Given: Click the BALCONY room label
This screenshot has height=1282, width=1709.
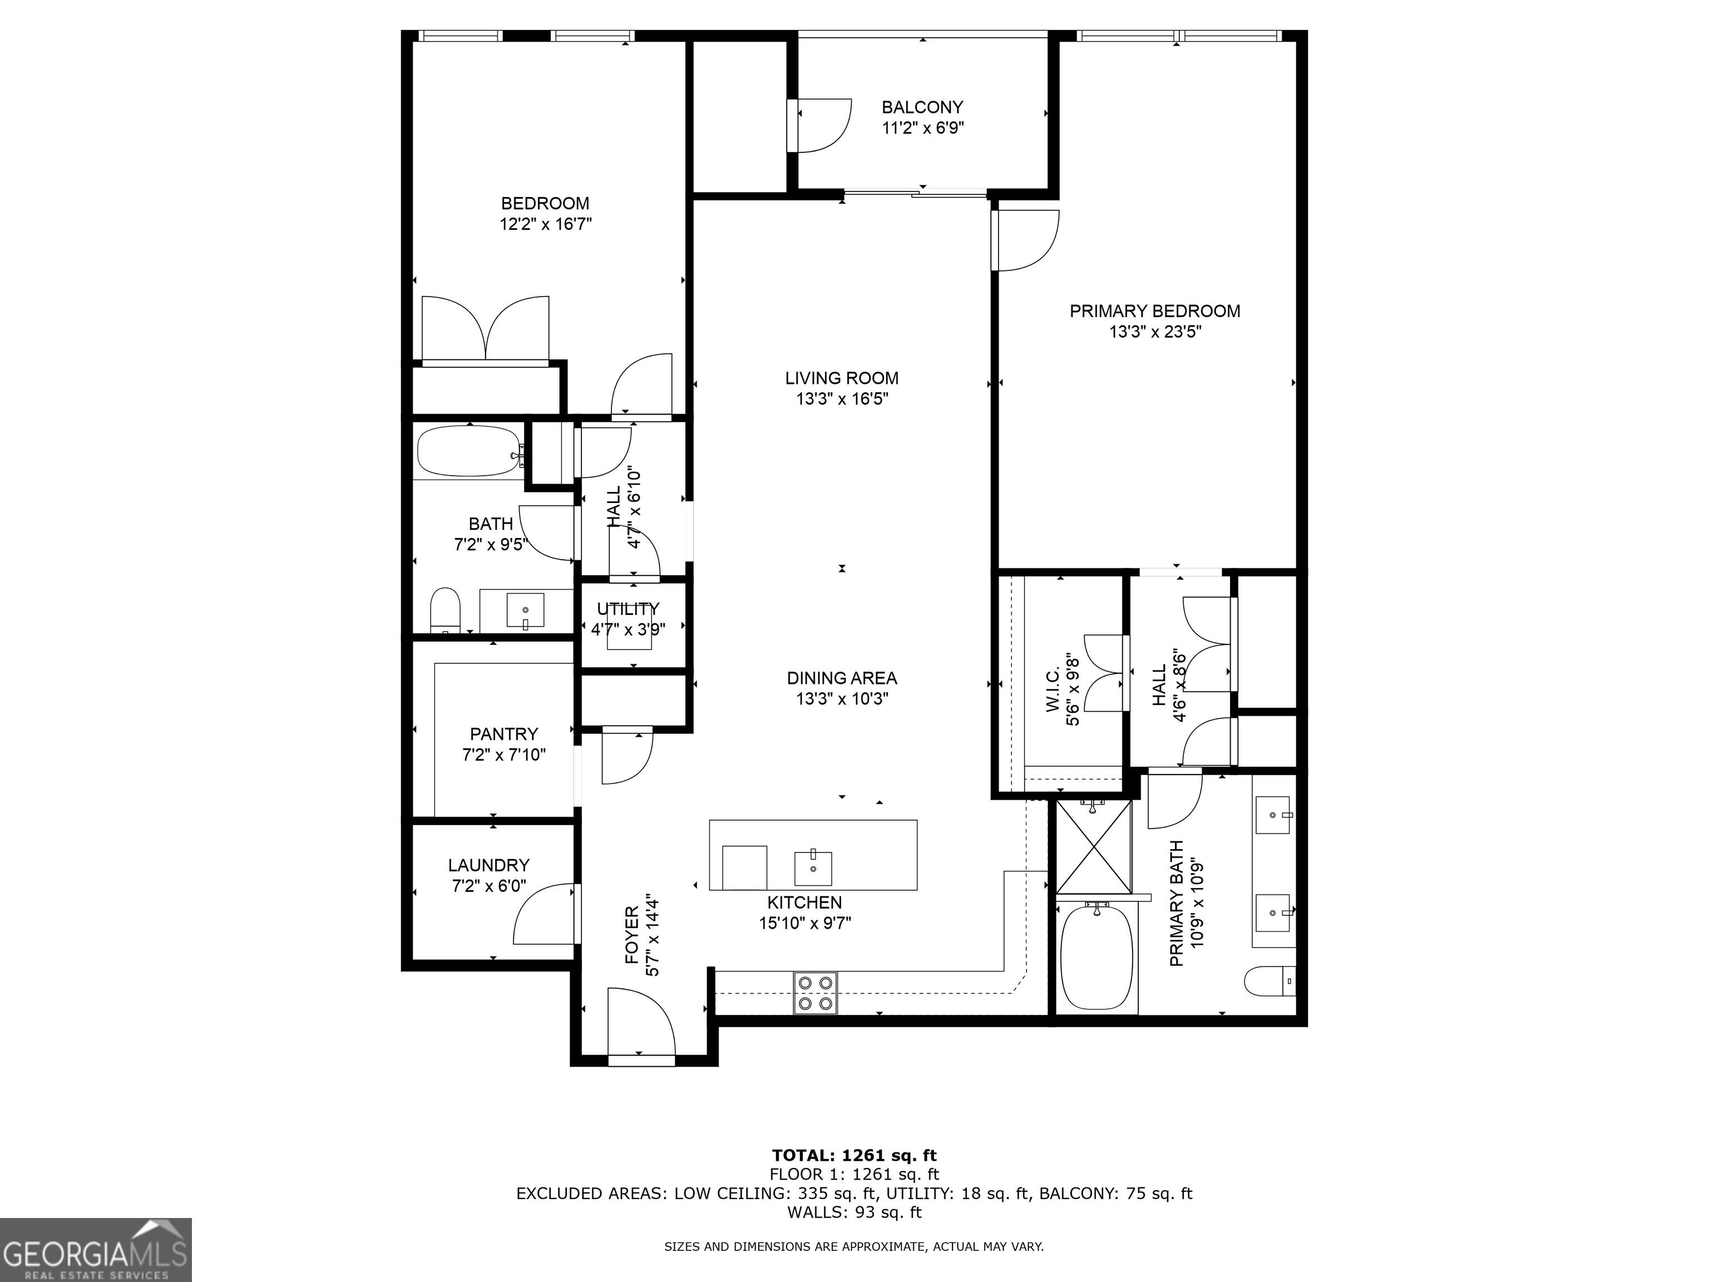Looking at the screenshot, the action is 922,107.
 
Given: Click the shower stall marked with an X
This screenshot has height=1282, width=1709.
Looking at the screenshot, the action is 1093,847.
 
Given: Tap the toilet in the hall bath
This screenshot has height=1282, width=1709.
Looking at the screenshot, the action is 445,610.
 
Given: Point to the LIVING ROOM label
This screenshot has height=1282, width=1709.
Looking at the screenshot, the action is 842,378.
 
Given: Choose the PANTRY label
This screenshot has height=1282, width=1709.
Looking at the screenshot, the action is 503,733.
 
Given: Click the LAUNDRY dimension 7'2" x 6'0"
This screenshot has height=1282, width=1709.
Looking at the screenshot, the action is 489,886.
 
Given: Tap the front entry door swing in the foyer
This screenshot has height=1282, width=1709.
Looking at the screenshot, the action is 641,1022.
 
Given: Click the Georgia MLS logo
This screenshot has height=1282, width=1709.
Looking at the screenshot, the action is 96,1250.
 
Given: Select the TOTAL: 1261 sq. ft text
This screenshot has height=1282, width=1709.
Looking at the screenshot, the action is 854,1177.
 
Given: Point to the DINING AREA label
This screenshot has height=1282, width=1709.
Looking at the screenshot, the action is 842,678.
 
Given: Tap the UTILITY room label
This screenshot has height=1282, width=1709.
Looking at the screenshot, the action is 628,609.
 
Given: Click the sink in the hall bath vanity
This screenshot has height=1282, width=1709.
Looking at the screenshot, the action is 525,610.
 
